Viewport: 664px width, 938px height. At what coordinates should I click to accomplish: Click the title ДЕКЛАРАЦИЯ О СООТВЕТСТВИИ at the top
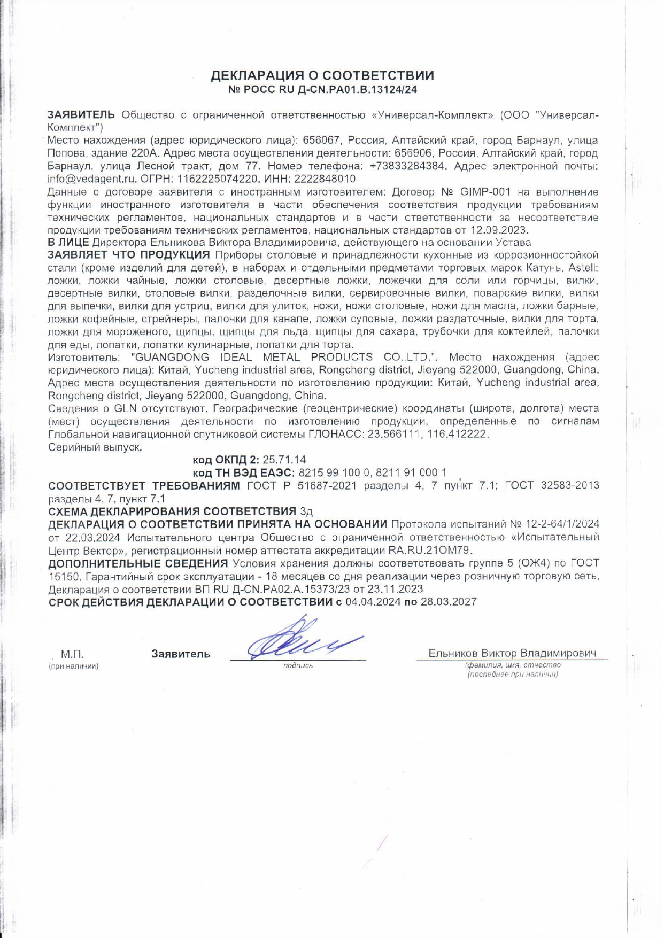click(322, 75)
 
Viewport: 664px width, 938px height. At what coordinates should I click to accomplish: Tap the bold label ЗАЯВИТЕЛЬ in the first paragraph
click(81, 115)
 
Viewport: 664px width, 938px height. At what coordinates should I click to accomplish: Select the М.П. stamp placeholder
click(72, 654)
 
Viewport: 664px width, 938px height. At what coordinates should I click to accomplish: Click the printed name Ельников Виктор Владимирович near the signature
click(512, 654)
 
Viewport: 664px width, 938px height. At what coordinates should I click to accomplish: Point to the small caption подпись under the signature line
click(298, 666)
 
